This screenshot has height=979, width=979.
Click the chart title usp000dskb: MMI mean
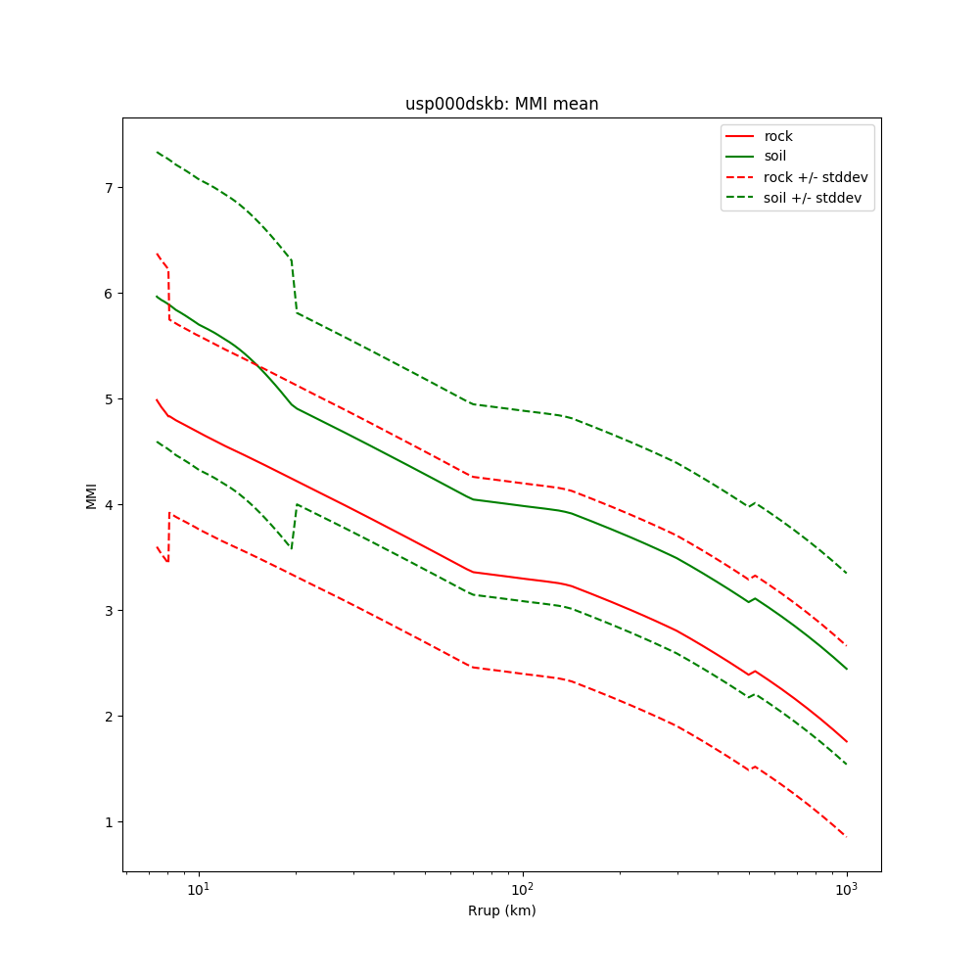(x=501, y=104)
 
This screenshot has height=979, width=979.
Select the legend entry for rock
(x=778, y=136)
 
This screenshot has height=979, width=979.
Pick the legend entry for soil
(x=775, y=156)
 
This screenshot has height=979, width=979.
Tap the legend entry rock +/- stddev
(x=816, y=177)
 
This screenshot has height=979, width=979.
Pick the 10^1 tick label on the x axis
(x=199, y=889)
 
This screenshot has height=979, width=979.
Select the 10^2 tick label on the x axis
(x=523, y=889)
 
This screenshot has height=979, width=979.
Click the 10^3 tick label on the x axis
(x=846, y=889)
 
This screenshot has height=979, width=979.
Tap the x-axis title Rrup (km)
(x=501, y=910)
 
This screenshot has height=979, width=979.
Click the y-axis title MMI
(x=91, y=494)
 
